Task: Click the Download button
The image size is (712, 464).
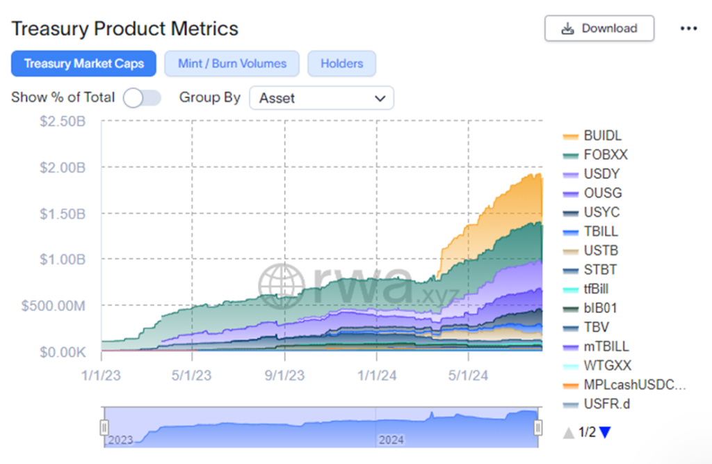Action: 599,29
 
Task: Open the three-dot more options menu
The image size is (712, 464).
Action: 688,29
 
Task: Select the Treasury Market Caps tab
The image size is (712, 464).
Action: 83,63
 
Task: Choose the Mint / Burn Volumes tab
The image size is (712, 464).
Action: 232,63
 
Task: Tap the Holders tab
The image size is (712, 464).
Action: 341,63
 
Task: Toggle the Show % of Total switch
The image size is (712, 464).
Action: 142,98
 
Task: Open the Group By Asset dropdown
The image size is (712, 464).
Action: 321,98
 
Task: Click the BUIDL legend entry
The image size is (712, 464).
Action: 602,136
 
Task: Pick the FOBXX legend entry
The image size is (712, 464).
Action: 605,155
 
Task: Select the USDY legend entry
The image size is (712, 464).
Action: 601,174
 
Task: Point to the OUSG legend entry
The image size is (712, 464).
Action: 602,193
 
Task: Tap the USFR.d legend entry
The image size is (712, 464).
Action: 606,404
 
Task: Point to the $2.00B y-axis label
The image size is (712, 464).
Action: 63,167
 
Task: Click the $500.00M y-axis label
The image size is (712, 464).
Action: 54,305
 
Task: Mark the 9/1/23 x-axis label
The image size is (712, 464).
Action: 284,375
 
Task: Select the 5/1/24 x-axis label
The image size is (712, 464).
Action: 468,375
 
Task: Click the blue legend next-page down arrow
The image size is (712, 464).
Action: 605,433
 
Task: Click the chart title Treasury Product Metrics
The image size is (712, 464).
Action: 124,29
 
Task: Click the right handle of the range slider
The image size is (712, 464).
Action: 537,427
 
